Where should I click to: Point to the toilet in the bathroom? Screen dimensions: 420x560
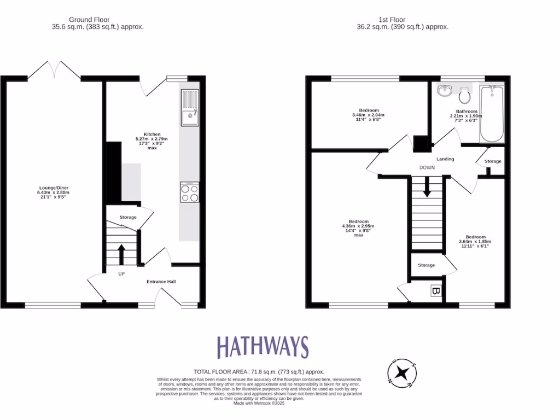point(465,96)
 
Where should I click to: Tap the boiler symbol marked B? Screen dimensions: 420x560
point(436,291)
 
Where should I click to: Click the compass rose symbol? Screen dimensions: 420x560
point(402,373)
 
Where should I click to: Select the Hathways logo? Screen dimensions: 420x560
point(262,347)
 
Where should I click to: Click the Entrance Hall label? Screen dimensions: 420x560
point(161,282)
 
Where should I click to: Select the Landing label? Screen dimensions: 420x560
point(445,159)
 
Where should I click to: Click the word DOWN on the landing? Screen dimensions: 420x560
point(427,168)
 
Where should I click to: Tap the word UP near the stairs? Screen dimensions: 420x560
point(121,274)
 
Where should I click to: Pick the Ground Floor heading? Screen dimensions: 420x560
point(89,20)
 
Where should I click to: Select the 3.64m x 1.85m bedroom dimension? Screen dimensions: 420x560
point(475,242)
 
